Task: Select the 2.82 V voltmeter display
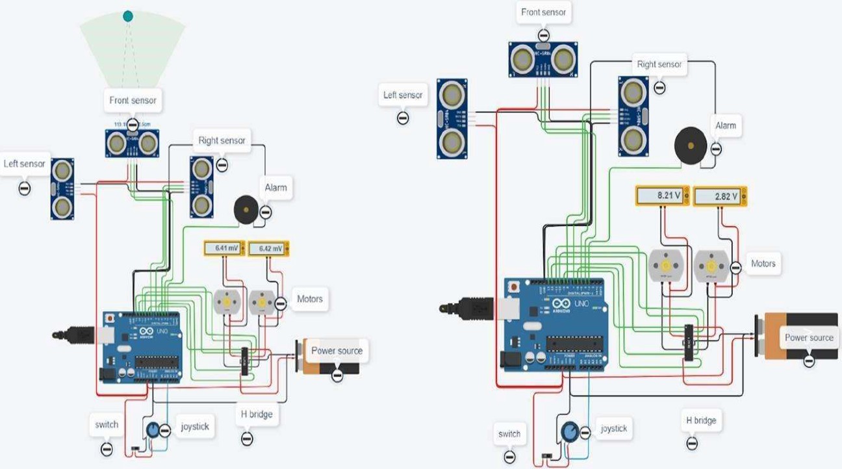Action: coord(720,196)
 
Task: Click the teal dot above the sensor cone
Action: coord(128,16)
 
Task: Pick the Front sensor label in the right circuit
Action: coord(543,12)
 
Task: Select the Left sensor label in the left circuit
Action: coord(25,164)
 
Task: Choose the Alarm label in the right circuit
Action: coord(726,125)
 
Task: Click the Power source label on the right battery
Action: coord(808,338)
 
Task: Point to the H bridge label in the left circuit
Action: coord(257,414)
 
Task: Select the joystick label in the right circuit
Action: coord(613,429)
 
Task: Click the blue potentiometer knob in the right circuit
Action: coord(570,431)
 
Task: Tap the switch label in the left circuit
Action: coord(107,425)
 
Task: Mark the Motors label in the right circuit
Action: coord(763,264)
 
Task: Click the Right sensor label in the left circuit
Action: coord(222,140)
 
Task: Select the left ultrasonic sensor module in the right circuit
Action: coord(452,119)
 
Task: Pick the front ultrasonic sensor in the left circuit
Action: coord(133,143)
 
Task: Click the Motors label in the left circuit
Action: coord(309,299)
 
